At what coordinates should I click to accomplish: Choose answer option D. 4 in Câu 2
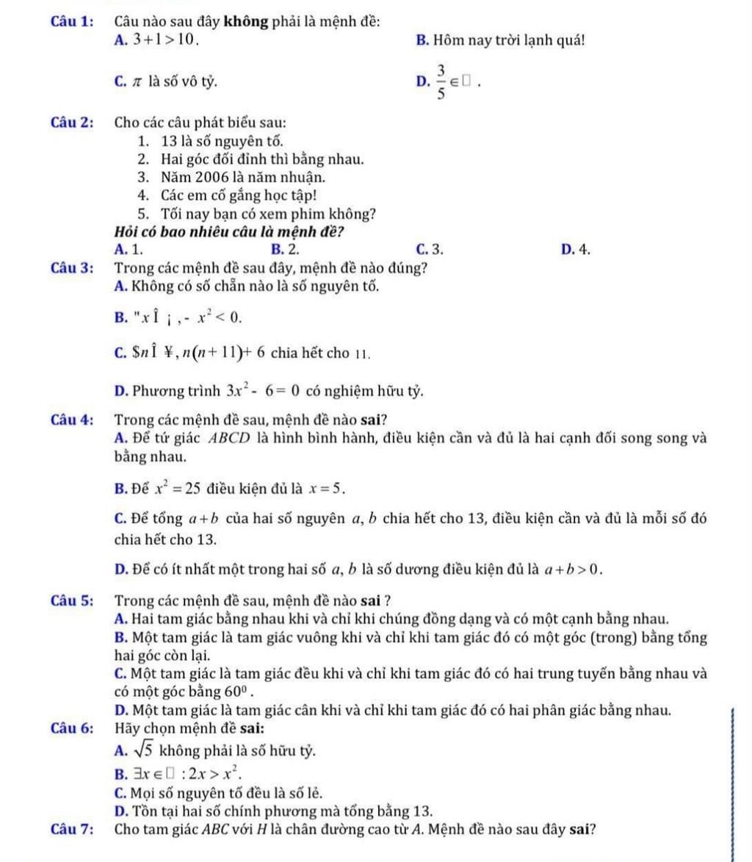(x=576, y=249)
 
